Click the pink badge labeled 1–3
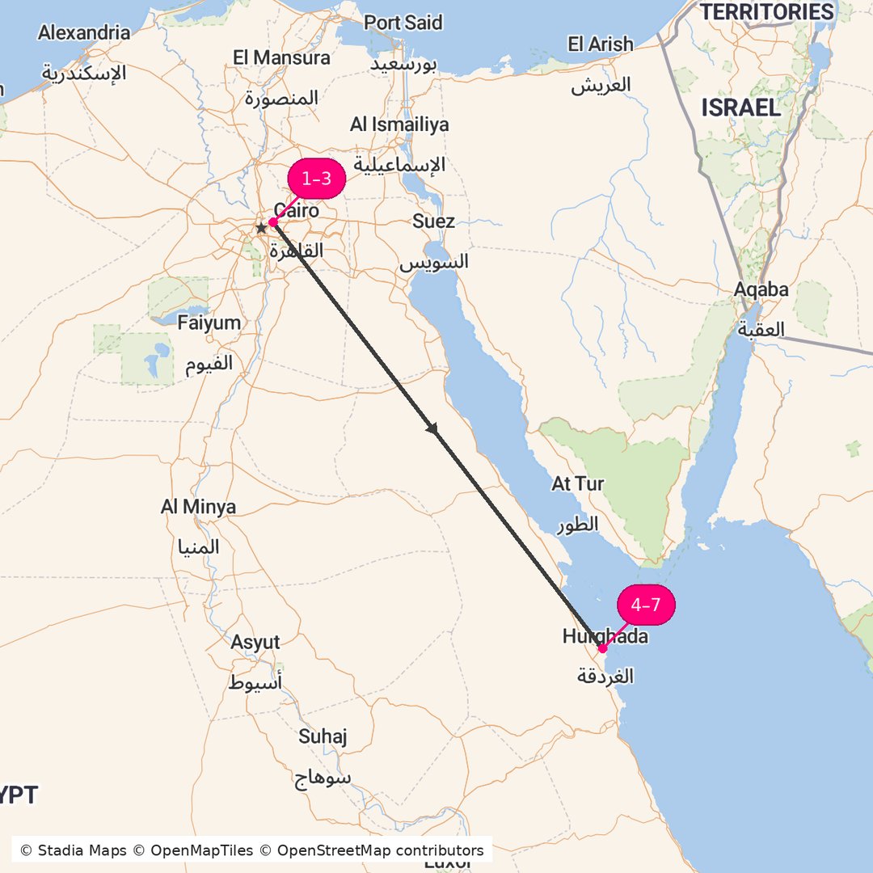click(317, 179)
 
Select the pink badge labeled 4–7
click(646, 605)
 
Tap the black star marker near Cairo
click(261, 229)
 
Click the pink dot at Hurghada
click(602, 648)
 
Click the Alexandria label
click(84, 33)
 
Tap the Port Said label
click(403, 23)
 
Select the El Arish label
click(601, 44)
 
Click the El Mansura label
click(281, 58)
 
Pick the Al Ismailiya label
click(399, 124)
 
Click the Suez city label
click(433, 221)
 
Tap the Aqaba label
click(761, 289)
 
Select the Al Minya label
click(198, 508)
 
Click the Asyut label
click(255, 643)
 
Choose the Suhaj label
click(323, 736)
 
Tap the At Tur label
click(577, 484)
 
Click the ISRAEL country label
click(740, 108)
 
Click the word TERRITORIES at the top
click(766, 12)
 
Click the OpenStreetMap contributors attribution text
click(380, 850)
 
